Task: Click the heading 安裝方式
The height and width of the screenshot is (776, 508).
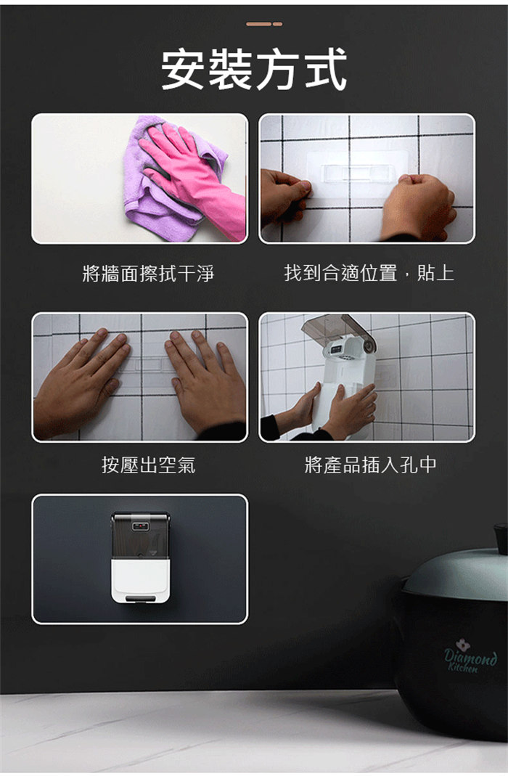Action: [254, 69]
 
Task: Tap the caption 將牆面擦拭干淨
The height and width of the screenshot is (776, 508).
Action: [148, 273]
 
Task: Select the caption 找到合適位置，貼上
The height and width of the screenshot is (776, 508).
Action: [369, 273]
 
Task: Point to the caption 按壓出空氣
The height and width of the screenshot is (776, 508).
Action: [148, 465]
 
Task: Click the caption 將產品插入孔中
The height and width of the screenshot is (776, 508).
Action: [371, 465]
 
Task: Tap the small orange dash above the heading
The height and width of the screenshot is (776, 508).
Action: [264, 24]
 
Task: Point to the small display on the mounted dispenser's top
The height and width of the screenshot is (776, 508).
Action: [141, 526]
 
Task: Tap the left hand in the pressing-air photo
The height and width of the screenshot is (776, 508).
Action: [79, 381]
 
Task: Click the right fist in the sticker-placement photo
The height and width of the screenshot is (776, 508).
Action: [418, 205]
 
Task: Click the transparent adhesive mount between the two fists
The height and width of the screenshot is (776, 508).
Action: [357, 174]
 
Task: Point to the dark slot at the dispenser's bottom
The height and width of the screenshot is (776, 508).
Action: [141, 599]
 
